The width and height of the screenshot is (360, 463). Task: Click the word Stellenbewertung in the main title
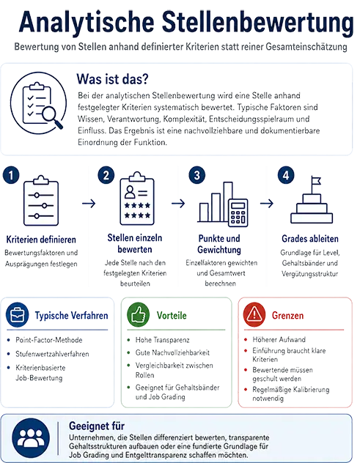pos(258,22)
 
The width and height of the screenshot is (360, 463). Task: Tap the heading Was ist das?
pos(113,79)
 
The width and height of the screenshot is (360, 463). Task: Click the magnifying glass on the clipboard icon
pos(52,116)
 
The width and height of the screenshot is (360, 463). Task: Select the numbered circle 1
pos(11,175)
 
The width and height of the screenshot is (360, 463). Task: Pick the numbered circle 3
pos(196,175)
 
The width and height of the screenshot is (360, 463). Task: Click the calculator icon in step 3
pos(238,212)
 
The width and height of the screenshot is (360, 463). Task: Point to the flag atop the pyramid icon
pos(316,180)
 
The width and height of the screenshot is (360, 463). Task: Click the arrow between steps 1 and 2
pos(89,204)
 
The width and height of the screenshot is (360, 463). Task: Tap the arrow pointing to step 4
pos(267,204)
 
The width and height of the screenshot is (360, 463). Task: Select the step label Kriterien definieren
pos(41,240)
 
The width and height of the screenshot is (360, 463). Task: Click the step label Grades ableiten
pos(310,239)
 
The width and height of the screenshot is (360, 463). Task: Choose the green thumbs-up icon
pos(138,314)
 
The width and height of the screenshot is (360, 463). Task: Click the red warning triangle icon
pos(254,314)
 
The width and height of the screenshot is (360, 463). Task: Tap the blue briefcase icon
pos(18,315)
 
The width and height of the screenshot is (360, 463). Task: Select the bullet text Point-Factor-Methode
pos(49,340)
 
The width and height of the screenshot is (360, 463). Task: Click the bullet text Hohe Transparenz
pos(162,340)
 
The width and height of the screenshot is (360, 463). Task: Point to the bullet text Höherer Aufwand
pos(279,340)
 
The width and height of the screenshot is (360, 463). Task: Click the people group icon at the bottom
pos(31,438)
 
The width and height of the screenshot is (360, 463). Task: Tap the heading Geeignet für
pos(97,426)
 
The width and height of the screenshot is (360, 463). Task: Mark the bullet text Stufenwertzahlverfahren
pos(52,354)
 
